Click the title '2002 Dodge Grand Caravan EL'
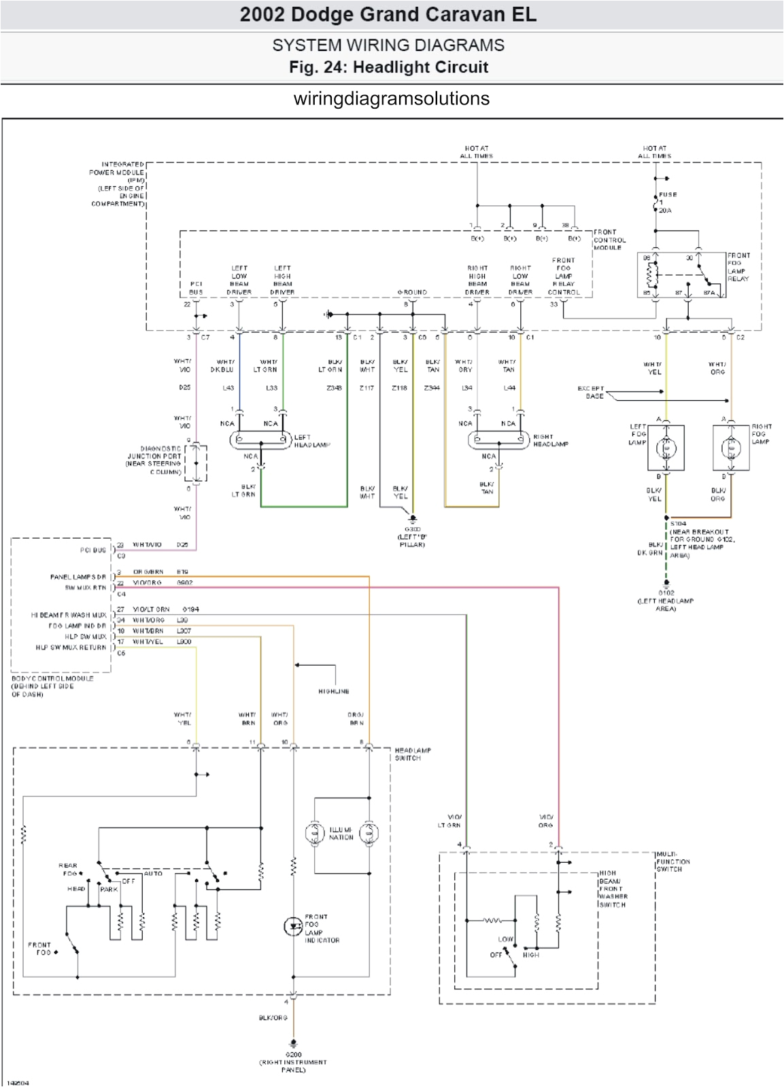point(388,15)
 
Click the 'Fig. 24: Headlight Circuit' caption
point(388,67)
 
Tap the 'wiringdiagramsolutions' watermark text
point(391,99)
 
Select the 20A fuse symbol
point(655,202)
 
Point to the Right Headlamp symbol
point(498,440)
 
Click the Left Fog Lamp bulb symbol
point(666,448)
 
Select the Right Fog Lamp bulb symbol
point(731,448)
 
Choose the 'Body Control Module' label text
point(52,685)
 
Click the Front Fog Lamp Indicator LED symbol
point(292,925)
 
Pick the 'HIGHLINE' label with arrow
point(333,691)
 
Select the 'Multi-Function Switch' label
point(673,861)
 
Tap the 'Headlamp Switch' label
point(413,754)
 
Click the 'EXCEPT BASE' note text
point(590,392)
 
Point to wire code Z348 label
point(334,388)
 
